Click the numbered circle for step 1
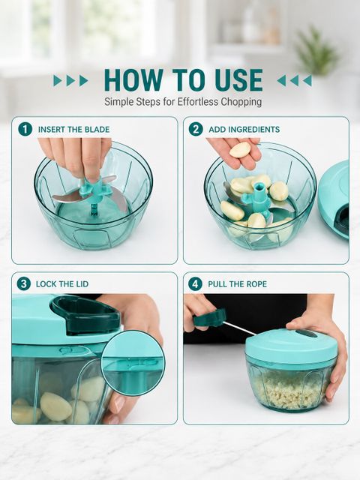pyautogui.click(x=25, y=129)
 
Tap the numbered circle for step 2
pyautogui.click(x=196, y=129)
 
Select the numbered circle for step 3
pyautogui.click(x=23, y=283)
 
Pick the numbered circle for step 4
pyautogui.click(x=195, y=283)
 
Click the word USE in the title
pyautogui.click(x=238, y=80)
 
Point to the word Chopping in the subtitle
pyautogui.click(x=241, y=102)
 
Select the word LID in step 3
pyautogui.click(x=82, y=284)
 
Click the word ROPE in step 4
pyautogui.click(x=256, y=284)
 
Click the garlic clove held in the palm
pyautogui.click(x=240, y=150)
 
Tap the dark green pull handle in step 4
pyautogui.click(x=210, y=318)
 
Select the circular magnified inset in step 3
pyautogui.click(x=133, y=363)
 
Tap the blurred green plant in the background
pyautogui.click(x=315, y=50)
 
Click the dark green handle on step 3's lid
pyautogui.click(x=85, y=315)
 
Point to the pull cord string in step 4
pyautogui.click(x=240, y=328)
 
